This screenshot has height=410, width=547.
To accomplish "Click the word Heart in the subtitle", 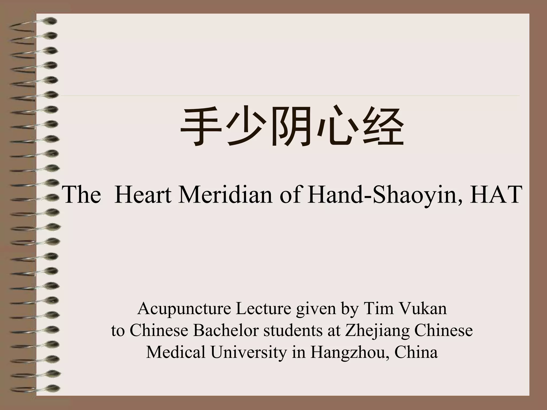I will click(143, 195).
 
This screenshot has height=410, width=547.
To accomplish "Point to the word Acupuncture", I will click(184, 309).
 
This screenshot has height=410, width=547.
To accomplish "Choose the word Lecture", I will click(263, 309).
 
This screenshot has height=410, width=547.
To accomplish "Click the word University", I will click(248, 352).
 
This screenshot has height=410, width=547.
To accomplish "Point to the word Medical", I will click(176, 352).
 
